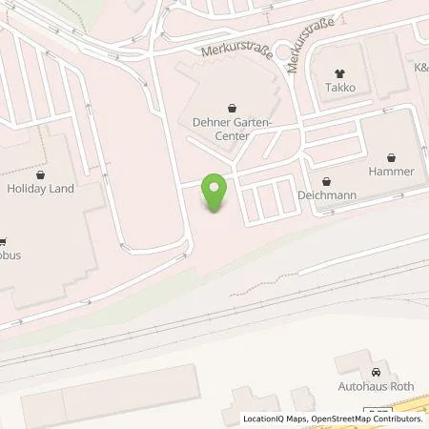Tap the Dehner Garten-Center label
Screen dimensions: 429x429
(x=232, y=129)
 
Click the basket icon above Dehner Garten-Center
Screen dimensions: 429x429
(x=232, y=108)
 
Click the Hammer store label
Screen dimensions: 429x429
(x=391, y=172)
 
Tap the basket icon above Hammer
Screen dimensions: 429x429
(x=391, y=156)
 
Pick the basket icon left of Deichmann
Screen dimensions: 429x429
(x=327, y=181)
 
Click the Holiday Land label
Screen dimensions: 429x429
(x=40, y=189)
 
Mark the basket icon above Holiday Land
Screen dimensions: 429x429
(x=40, y=174)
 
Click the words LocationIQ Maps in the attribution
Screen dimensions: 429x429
(x=273, y=419)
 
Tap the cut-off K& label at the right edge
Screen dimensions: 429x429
(x=420, y=68)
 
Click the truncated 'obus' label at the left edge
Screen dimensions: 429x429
(x=10, y=256)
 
